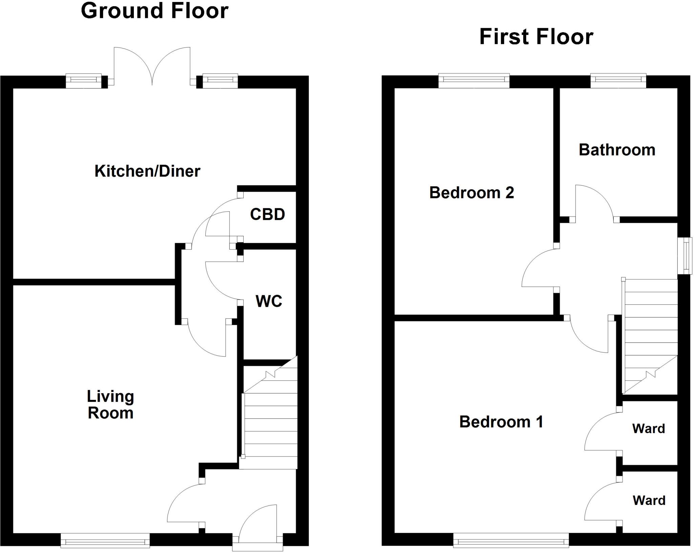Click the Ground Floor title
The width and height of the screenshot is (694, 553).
[x=155, y=11]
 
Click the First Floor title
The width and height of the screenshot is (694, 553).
[x=536, y=37]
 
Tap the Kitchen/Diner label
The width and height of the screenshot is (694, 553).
[x=147, y=171]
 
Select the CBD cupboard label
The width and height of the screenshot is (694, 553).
[x=267, y=214]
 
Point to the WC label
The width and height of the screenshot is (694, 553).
[x=269, y=301]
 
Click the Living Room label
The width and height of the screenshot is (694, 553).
[x=110, y=405]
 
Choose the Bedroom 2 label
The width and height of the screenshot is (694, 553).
[x=471, y=193]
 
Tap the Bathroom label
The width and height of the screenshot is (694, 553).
[x=617, y=150]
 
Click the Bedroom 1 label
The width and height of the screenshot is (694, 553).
[x=501, y=422]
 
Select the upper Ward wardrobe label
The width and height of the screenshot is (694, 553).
[x=648, y=429]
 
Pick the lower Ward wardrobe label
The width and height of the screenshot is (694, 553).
[x=649, y=501]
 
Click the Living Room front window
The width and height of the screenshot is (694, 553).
[x=105, y=540]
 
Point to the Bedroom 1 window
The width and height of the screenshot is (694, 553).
[x=511, y=540]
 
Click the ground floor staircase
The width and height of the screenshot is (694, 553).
[x=270, y=423]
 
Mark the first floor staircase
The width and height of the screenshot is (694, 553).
[x=650, y=335]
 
